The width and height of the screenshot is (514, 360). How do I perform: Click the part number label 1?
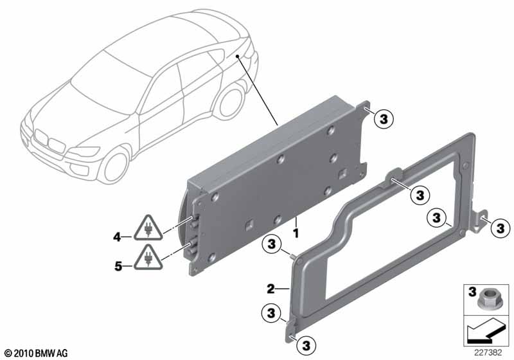(296, 233)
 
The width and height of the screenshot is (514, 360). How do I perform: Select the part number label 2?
(270, 289)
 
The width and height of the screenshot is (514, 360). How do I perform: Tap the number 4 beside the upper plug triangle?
(118, 237)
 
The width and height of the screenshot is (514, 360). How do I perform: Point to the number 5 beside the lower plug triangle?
(118, 266)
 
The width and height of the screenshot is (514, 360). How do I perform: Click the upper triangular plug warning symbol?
(148, 228)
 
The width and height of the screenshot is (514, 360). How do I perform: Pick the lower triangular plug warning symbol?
(148, 258)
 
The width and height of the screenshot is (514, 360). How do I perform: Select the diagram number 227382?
(488, 353)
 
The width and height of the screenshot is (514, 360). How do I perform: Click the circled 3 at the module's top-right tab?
(383, 119)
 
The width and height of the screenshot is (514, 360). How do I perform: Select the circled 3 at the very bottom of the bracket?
(306, 345)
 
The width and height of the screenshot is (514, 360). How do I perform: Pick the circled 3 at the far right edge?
(501, 228)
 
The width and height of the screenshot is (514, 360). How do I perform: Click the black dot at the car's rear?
(237, 57)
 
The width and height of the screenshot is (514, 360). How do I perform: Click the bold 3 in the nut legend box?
(472, 291)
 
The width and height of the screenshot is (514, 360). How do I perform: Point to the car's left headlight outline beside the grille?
(84, 152)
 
